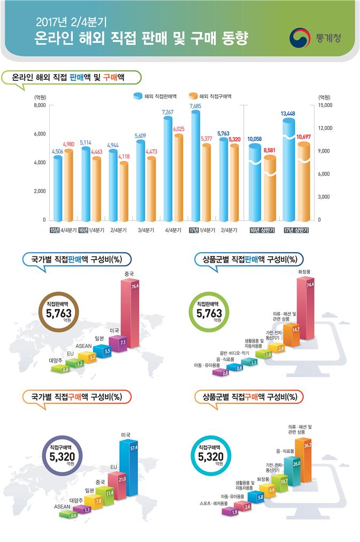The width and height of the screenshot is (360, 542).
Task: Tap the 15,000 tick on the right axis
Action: click(x=326, y=105)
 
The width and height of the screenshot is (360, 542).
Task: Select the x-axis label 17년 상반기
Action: click(x=297, y=230)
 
